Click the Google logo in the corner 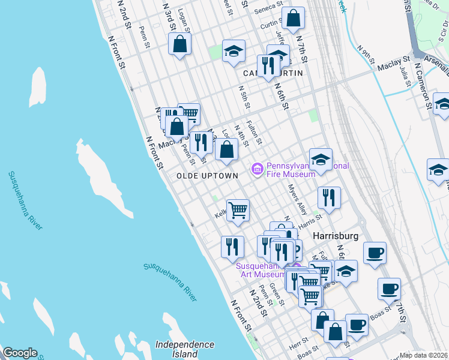(20, 353)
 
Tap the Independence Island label (184, 349)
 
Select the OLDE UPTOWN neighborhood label (207, 175)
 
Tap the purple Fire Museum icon (258, 170)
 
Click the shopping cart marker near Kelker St (238, 211)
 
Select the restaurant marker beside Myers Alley (328, 197)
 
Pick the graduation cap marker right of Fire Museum (321, 160)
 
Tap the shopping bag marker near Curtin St (293, 19)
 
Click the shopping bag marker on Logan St (179, 44)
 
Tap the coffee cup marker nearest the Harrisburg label (374, 253)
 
